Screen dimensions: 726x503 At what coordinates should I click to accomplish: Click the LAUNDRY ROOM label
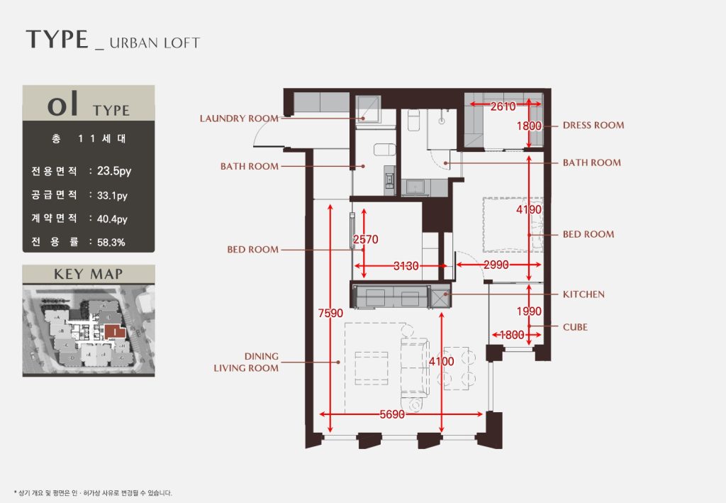[239, 118]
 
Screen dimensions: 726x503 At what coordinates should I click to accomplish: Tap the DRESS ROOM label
[593, 125]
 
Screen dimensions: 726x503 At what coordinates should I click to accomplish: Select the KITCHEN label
[583, 294]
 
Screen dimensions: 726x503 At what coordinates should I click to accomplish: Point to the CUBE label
[575, 327]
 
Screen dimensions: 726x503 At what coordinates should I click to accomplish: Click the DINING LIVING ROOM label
[246, 363]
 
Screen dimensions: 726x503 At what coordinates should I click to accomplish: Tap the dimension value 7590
[330, 314]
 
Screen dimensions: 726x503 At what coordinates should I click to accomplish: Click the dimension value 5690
[392, 414]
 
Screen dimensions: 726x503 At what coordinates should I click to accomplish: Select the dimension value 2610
[503, 106]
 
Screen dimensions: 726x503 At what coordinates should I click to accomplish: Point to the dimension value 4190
[529, 209]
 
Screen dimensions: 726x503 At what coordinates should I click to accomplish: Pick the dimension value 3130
[406, 266]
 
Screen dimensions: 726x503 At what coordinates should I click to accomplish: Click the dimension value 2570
[366, 240]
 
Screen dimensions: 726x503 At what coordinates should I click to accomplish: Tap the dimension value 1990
[529, 311]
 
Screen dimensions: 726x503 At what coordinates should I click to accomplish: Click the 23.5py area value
[114, 172]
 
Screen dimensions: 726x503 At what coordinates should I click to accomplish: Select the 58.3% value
[111, 242]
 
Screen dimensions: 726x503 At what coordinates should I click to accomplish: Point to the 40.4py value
[112, 219]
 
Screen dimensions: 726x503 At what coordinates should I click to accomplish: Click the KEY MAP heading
[89, 274]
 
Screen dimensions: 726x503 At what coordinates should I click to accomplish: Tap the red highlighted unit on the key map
[114, 331]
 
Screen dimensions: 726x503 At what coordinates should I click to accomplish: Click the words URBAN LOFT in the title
[155, 43]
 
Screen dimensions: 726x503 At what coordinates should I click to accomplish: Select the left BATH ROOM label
[249, 166]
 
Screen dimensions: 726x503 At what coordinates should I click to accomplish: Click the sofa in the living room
[415, 367]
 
